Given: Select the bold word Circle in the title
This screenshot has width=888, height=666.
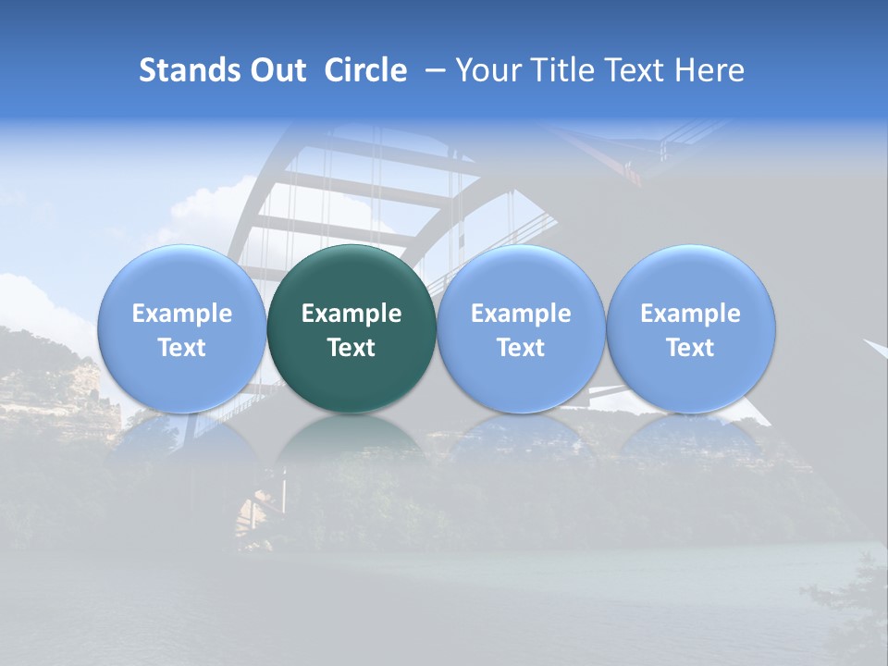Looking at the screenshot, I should coord(365,70).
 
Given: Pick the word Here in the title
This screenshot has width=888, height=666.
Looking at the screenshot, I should coord(709,70).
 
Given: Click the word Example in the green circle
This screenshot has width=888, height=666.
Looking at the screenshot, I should coord(351,314).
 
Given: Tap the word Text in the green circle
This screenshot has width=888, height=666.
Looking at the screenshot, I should coord(351,348).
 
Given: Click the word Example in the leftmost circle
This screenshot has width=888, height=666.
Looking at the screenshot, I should coord(181,314).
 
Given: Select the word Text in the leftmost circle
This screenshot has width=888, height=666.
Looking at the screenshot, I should coord(181,348).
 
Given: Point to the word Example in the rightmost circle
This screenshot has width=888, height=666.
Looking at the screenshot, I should coord(691,314).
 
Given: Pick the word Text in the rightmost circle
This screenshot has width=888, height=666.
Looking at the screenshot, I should coord(691,348).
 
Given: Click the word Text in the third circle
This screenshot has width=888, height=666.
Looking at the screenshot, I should coord(521,348).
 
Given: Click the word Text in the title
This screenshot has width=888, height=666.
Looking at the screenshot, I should coord(629,70).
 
